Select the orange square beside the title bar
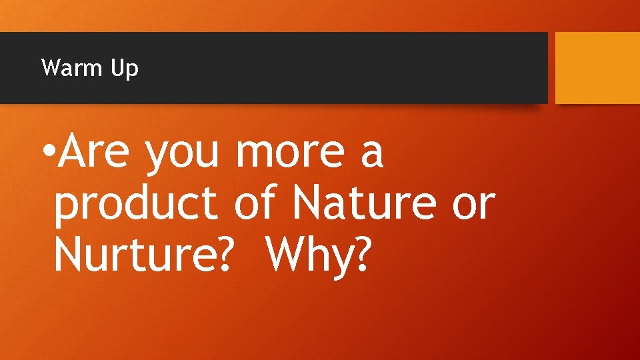click(x=597, y=68)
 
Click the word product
click(x=136, y=205)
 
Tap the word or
click(x=474, y=204)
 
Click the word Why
click(x=307, y=254)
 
